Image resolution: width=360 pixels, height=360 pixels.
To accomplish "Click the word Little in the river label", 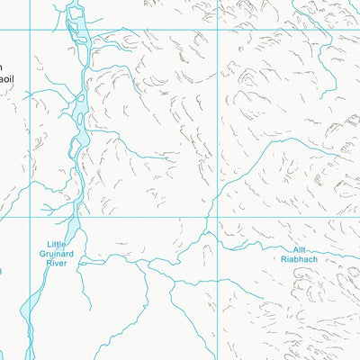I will coord(58,245).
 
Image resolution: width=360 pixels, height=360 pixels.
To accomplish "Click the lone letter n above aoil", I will coord(3,67).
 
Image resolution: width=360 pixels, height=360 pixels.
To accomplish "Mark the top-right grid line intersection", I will coord(216,29).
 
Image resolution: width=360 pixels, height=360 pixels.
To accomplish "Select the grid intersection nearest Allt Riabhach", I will coord(216,217).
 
